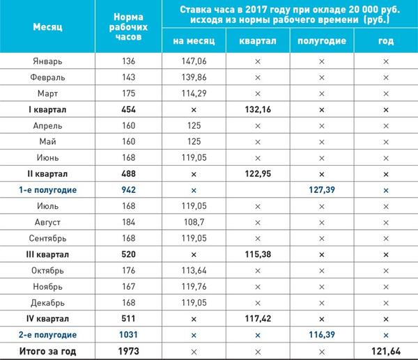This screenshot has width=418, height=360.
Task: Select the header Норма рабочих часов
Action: [x=127, y=27]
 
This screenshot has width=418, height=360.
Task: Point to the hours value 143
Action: [x=127, y=77]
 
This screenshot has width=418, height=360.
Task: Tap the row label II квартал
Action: [x=47, y=172]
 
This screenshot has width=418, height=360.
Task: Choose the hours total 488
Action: [x=127, y=172]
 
